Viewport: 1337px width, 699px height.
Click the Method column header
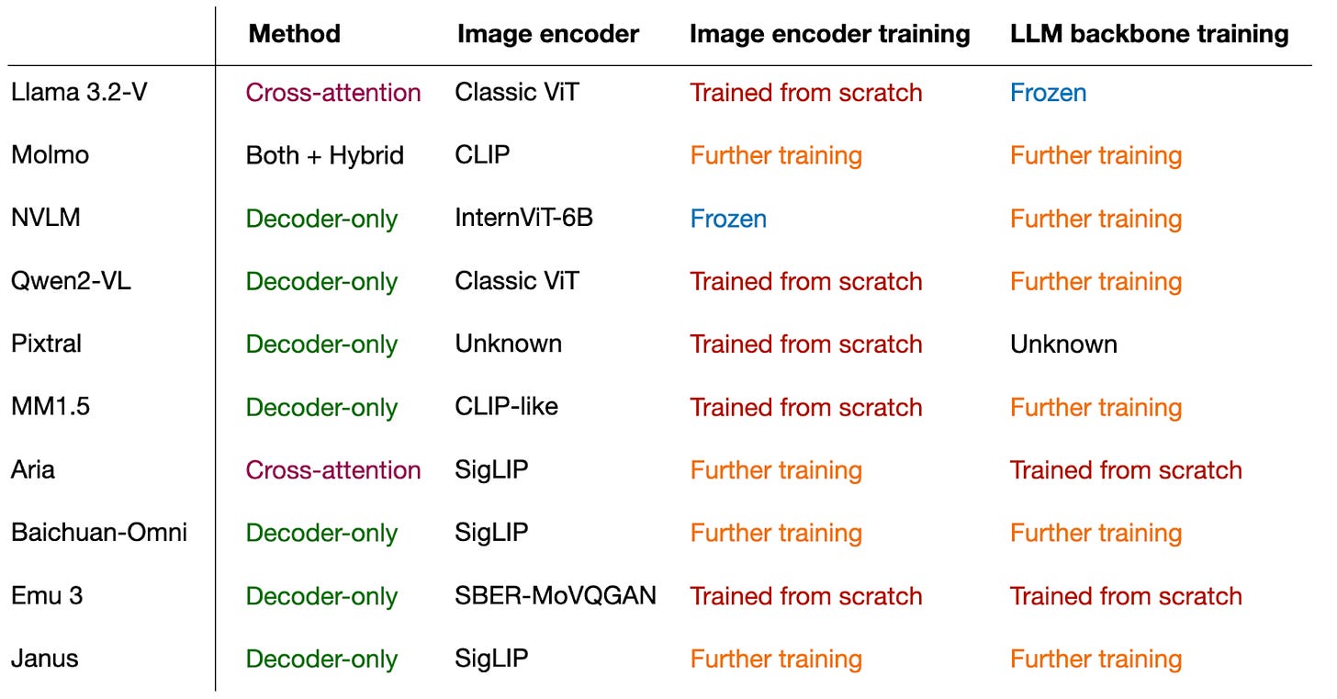[x=294, y=33]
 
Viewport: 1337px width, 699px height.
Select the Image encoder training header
[x=830, y=35]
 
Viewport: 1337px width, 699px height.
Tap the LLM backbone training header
[x=1149, y=35]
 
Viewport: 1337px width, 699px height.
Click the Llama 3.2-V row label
[x=79, y=92]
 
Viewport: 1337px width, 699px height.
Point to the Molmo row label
[x=51, y=155]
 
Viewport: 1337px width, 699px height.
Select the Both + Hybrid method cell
[x=325, y=156]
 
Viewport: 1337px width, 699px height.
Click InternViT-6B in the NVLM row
[x=523, y=218]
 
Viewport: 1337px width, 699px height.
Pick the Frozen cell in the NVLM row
[x=728, y=219]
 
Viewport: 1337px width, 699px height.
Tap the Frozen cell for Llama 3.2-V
[x=1048, y=93]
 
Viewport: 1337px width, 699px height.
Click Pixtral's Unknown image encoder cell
[x=508, y=344]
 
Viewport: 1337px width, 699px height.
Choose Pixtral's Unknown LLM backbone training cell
[x=1063, y=344]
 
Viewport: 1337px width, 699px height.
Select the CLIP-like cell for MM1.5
[x=506, y=407]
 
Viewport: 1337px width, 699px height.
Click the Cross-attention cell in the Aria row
[x=333, y=470]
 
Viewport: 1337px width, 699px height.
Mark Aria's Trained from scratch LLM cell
[x=1126, y=470]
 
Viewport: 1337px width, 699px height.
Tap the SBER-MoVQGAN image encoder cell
[x=555, y=596]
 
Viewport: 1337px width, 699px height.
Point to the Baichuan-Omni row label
[x=99, y=533]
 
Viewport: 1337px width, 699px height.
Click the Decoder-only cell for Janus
[x=321, y=659]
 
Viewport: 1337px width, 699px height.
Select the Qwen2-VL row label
[x=71, y=280]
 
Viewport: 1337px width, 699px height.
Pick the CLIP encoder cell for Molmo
[x=482, y=155]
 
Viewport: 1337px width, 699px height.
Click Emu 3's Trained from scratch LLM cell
[x=1126, y=596]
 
